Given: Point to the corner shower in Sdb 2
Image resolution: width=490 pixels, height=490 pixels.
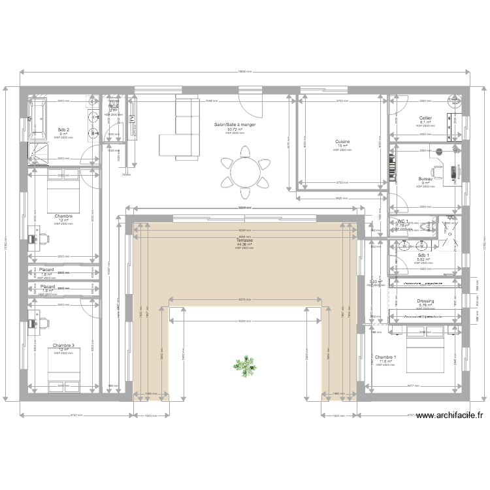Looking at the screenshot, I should tap(39, 153).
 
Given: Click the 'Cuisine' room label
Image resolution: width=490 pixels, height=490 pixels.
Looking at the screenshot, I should tap(342, 142).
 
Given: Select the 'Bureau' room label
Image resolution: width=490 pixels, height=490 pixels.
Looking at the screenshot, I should tap(425, 178).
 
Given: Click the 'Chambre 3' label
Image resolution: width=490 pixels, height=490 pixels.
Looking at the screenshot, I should tap(63, 345).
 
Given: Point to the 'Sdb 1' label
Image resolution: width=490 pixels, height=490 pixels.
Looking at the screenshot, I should tap(423, 255).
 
